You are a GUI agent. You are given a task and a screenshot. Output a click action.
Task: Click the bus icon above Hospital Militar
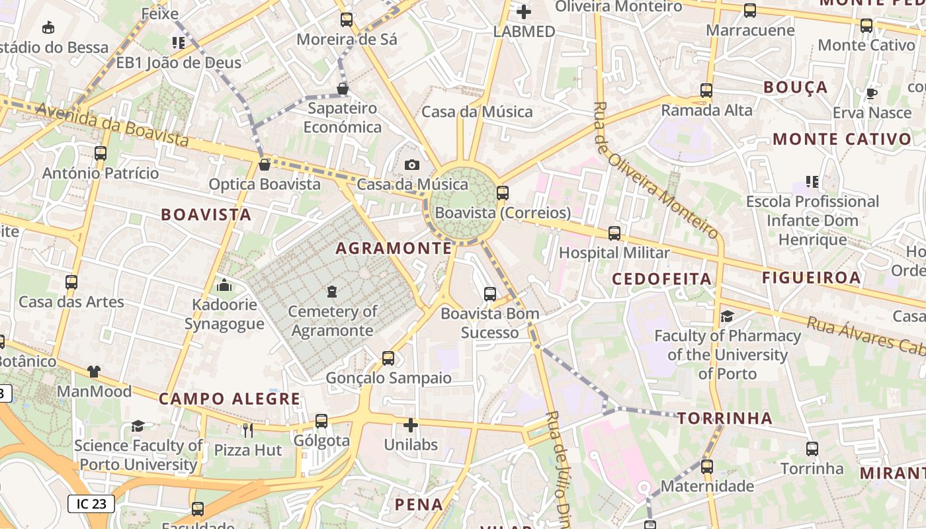click(614, 233)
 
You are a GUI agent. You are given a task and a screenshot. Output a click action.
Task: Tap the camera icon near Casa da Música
click(412, 165)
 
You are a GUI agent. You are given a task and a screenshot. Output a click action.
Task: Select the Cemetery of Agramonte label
click(333, 321)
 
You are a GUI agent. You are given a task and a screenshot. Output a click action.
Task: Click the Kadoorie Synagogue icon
click(224, 286)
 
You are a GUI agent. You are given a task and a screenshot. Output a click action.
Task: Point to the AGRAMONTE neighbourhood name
click(394, 249)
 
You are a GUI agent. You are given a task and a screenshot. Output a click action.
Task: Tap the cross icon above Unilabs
click(411, 425)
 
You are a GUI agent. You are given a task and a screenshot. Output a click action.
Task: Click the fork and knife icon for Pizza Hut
click(248, 430)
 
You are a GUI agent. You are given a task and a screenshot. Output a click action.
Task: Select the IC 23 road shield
click(91, 504)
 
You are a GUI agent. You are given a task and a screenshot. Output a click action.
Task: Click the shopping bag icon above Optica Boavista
click(265, 165)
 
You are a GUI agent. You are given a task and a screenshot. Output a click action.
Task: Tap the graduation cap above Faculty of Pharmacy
click(727, 316)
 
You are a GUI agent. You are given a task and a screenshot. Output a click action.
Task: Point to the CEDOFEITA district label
click(661, 279)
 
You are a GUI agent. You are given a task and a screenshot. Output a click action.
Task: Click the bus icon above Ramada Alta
click(706, 91)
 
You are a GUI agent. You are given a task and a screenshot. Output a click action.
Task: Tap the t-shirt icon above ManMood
click(94, 372)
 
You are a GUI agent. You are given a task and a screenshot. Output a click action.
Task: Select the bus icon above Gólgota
click(321, 421)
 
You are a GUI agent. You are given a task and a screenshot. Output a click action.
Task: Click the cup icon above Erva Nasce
click(872, 93)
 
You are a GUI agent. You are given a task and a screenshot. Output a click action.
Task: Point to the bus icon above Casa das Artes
click(71, 282)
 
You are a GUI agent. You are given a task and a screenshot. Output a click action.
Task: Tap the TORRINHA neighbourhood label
click(725, 418)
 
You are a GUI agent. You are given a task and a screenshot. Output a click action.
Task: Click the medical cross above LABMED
click(524, 11)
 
